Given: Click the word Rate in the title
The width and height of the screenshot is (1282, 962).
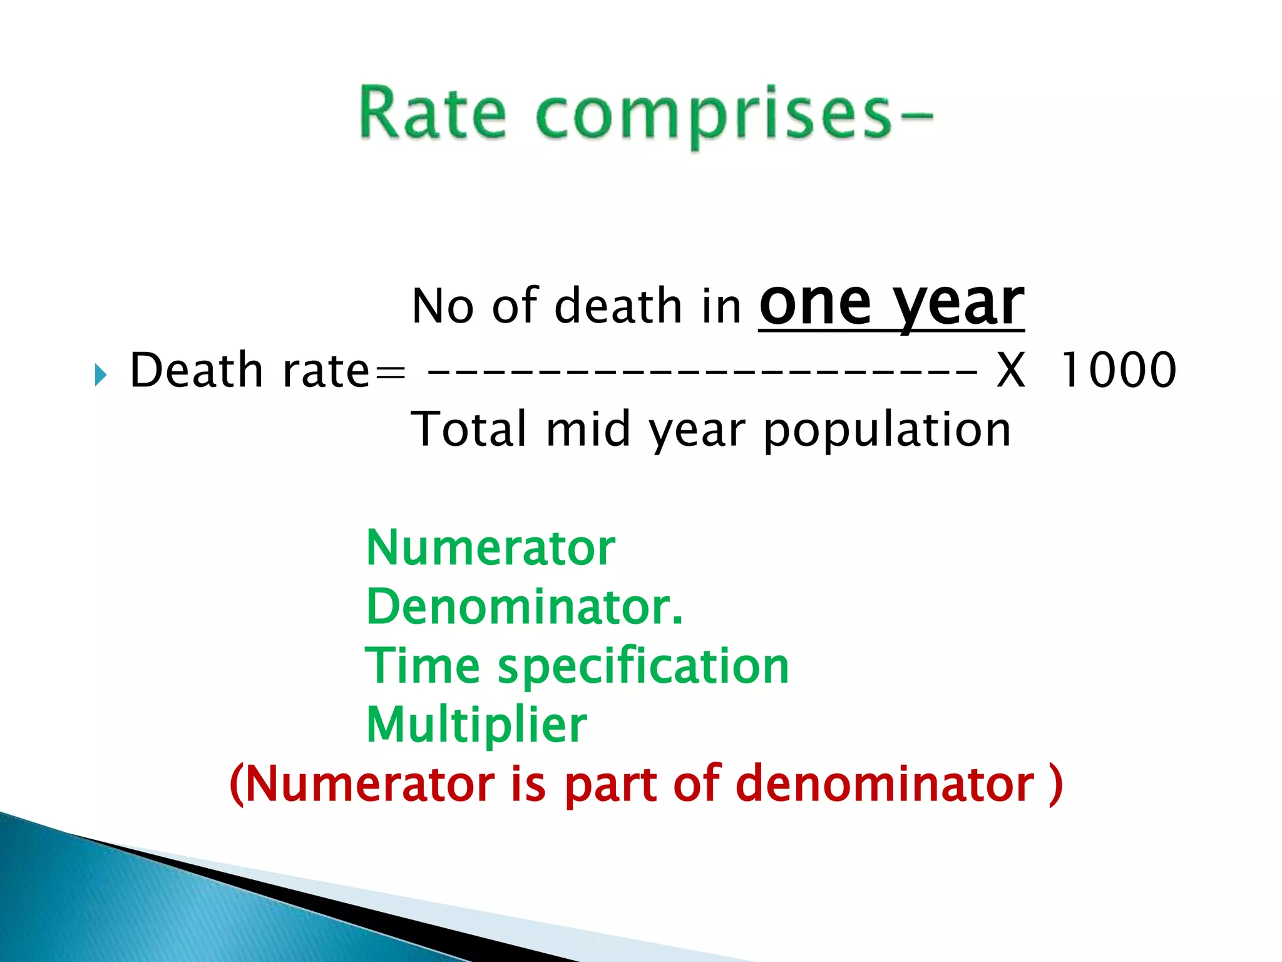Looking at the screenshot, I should tap(432, 113).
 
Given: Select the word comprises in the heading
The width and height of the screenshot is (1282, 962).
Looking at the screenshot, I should tap(714, 116).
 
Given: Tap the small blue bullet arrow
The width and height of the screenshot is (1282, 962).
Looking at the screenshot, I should tap(100, 375).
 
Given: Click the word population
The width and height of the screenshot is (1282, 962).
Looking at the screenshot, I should tap(887, 432).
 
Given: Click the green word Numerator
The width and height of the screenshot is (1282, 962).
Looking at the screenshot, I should tap(491, 548).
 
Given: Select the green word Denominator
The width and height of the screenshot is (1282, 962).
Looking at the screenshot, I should tap(523, 607).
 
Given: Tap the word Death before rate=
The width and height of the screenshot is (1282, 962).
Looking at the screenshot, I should tap(196, 370).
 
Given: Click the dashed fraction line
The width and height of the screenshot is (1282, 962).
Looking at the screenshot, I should tap(701, 371).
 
